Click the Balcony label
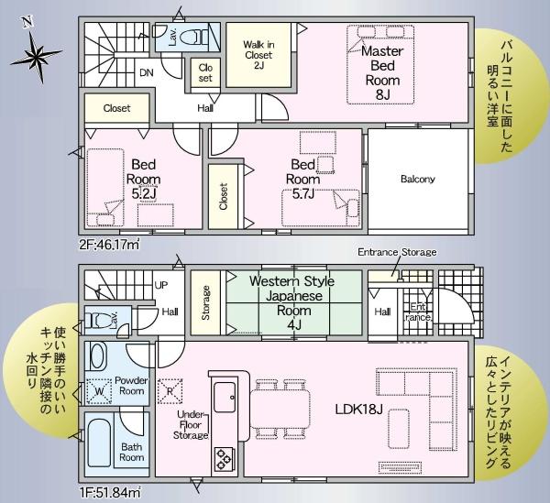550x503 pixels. [418, 179]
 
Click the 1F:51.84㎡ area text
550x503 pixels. [110, 494]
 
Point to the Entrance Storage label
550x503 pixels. [397, 252]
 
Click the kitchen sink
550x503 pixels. [225, 398]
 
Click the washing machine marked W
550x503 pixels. [100, 391]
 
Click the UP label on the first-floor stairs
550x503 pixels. [161, 285]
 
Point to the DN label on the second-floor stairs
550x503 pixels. [146, 72]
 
